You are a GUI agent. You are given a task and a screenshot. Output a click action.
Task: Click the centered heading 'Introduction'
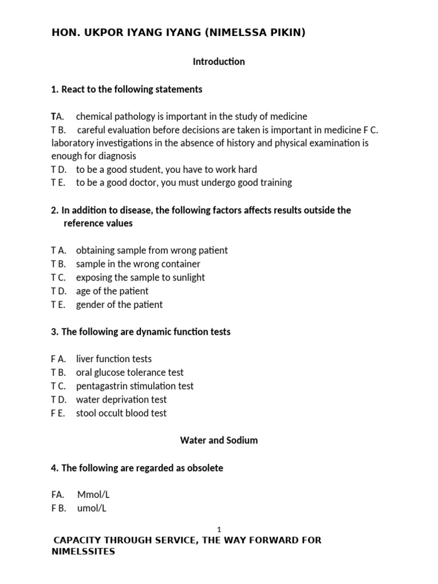click(219, 62)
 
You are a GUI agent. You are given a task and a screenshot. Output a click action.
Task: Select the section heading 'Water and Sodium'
click(219, 440)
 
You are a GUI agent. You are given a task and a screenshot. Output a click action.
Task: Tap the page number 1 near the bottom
click(219, 529)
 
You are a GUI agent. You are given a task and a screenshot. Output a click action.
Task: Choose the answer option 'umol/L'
click(91, 508)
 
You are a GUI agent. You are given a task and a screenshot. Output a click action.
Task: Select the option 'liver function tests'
click(113, 359)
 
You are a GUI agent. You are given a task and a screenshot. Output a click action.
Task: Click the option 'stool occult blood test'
click(121, 413)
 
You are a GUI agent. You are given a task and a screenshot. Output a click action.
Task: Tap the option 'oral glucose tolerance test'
click(129, 372)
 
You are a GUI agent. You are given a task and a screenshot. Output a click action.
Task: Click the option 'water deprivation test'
click(121, 400)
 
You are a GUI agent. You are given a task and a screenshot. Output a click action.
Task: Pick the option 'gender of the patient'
click(119, 305)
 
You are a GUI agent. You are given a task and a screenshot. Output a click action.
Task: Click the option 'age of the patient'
click(112, 291)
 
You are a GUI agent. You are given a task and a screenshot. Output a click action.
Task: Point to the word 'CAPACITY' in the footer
click(76, 540)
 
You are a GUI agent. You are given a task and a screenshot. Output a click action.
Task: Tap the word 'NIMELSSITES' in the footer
click(83, 552)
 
